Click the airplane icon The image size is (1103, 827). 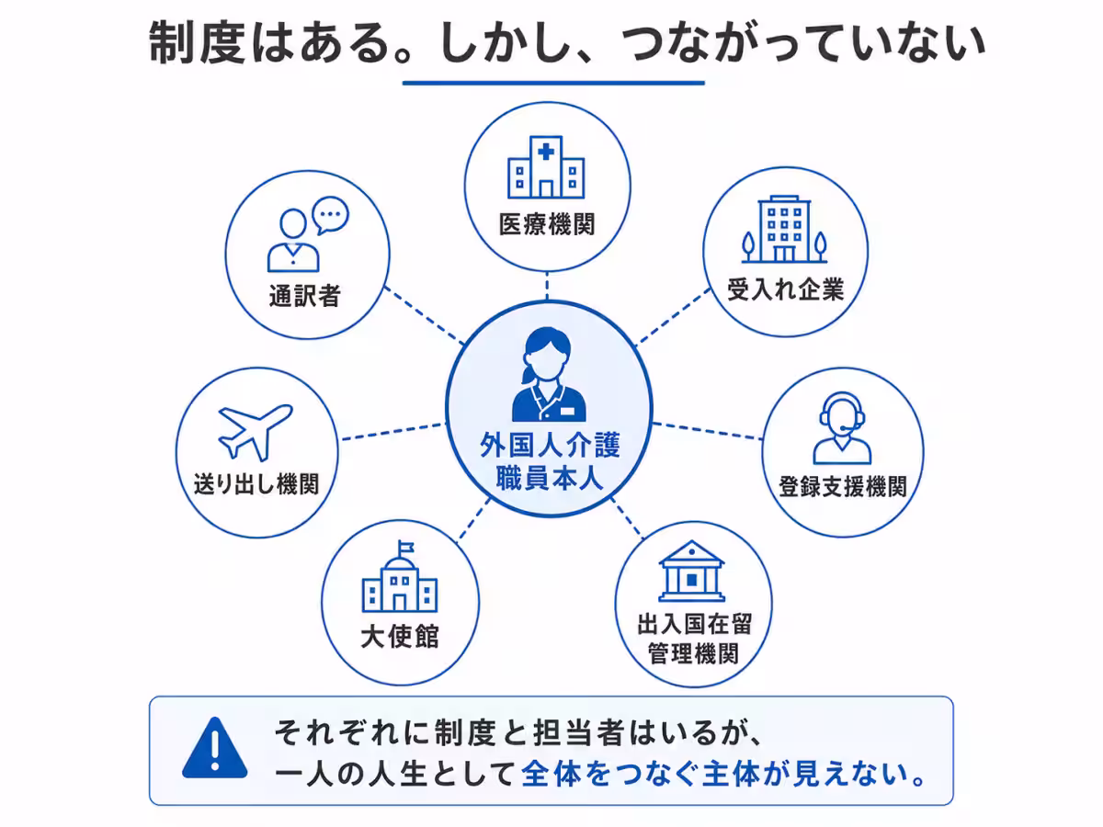click(255, 432)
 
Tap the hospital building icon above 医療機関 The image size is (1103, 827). click(546, 166)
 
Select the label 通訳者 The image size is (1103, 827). click(305, 295)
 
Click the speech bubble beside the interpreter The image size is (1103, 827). click(330, 215)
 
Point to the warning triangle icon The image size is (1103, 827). click(214, 748)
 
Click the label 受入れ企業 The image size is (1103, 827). click(785, 289)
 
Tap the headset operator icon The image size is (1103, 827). click(842, 428)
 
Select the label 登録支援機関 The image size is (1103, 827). click(843, 486)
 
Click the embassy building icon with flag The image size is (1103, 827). click(400, 576)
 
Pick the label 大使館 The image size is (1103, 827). click(400, 637)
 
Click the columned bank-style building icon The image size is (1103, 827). click(692, 571)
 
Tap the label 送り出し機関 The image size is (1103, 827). click(256, 484)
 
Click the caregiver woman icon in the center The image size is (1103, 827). click(549, 375)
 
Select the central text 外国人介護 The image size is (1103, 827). click(551, 445)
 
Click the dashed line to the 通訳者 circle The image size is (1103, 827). click(424, 315)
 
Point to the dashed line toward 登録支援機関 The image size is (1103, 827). click(708, 431)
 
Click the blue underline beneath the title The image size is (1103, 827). click(553, 83)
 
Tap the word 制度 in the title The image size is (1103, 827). click(197, 42)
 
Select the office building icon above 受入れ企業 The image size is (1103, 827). click(784, 229)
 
